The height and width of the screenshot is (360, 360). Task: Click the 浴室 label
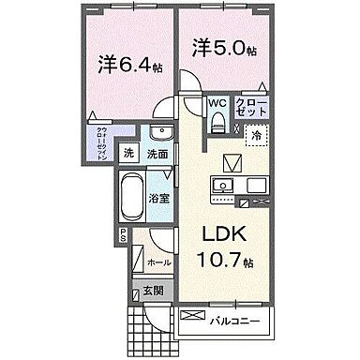(x=159, y=200)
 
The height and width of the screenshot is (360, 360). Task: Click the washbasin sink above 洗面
(x=159, y=132)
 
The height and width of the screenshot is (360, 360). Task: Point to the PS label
(x=122, y=238)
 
